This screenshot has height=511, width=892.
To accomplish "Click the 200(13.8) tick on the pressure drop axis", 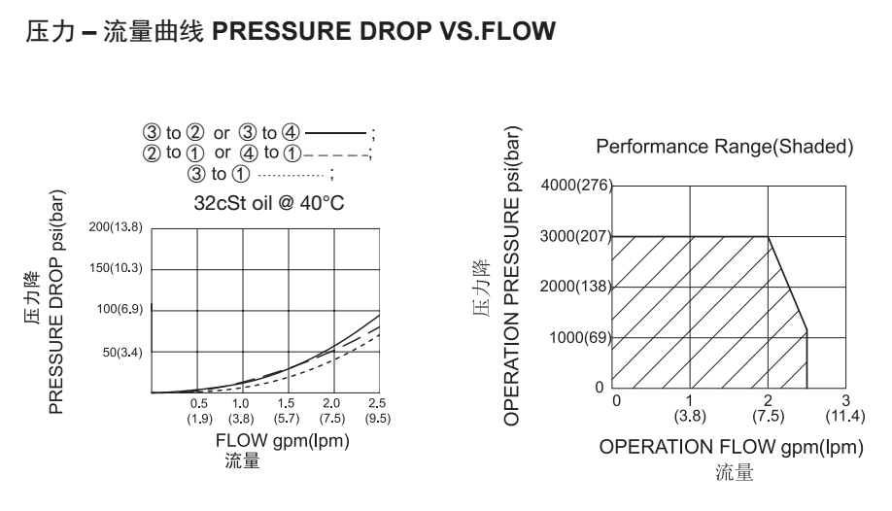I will [116, 227].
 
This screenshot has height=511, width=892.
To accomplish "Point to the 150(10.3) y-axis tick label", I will [116, 268].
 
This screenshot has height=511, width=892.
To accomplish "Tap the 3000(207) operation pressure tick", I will [576, 237].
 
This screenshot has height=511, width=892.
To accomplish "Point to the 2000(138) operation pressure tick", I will [576, 288].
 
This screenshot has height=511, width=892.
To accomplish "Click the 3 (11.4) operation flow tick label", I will [844, 409].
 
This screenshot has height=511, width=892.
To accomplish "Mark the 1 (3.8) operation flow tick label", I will [690, 409].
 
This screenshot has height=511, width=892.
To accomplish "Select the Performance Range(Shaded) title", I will [724, 148].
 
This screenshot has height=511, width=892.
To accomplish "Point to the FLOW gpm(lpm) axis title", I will [282, 441].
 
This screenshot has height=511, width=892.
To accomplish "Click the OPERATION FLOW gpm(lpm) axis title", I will [732, 448].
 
